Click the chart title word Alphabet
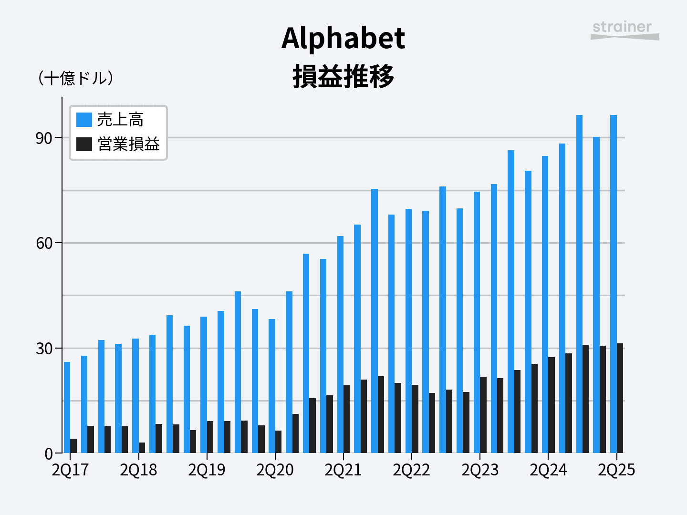(343, 38)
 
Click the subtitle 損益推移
(343, 76)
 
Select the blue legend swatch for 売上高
(84, 119)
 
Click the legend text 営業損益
(128, 144)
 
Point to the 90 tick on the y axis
(44, 138)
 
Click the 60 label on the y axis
(44, 243)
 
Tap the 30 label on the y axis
(44, 349)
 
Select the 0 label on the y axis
(48, 453)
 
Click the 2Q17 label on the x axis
(70, 470)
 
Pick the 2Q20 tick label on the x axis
(275, 470)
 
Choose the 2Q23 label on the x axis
(480, 470)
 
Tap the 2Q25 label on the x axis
(616, 470)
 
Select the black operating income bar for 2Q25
(620, 398)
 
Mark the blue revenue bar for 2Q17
(67, 407)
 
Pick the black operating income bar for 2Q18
(142, 448)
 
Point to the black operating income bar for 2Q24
(552, 405)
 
